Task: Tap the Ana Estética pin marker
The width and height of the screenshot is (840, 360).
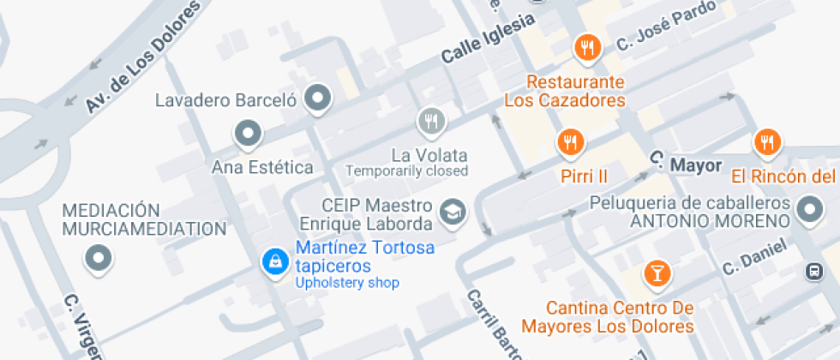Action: coord(248,133)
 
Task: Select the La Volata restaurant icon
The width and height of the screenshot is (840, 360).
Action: coord(431,121)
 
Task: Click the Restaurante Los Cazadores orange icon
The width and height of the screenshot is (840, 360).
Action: coord(587,48)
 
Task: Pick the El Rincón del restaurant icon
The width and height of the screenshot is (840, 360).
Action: coord(766,142)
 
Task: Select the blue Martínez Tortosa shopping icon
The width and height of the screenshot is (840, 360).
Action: coord(274,261)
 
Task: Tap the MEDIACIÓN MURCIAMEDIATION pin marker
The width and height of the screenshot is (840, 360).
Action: coord(99,257)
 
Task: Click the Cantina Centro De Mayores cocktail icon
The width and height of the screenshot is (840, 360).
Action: coord(657,274)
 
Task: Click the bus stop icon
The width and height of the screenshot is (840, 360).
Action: coord(812,272)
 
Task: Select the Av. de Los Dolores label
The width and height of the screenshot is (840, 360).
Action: coord(142,57)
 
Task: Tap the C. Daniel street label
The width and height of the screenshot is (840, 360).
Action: coord(754,257)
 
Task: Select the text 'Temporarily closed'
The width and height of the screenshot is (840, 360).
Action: coord(407,171)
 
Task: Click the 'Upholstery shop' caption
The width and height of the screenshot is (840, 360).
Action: coord(346,283)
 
